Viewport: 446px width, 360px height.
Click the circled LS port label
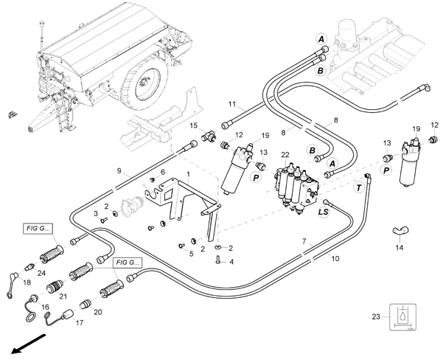point(322,212)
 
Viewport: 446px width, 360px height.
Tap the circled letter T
point(359,188)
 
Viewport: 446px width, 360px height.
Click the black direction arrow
point(22,345)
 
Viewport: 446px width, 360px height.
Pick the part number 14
point(400,249)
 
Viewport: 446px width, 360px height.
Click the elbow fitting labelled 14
point(399,232)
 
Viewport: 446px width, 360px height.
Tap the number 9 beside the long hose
point(118,171)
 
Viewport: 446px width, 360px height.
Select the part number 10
point(335,259)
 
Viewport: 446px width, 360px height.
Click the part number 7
point(303,241)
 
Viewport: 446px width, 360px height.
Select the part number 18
point(27,283)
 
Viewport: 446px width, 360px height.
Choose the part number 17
point(80,322)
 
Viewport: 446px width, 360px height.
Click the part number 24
point(42,273)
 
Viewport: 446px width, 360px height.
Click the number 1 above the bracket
point(188,173)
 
